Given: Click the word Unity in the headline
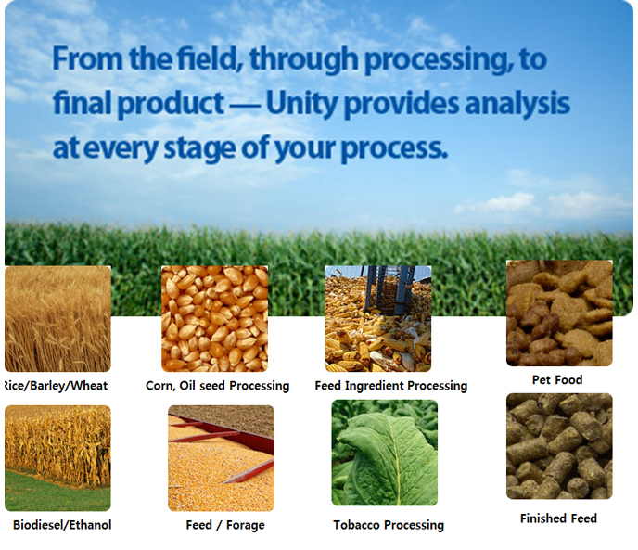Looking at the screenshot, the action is pos(301,104).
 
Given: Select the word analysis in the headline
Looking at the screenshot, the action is pos(517,103).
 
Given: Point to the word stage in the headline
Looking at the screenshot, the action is pos(199,148).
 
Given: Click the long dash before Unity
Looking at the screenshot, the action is pos(245,108).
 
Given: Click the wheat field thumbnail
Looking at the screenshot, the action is pos(57,319).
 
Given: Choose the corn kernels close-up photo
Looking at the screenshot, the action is pos(215,319).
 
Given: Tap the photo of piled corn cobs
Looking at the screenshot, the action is pos(378,319).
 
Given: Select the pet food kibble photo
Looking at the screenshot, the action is pos(559,313).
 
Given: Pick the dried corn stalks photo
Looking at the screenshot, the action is pos(57,458).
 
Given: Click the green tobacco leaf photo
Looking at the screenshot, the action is pos(385,453).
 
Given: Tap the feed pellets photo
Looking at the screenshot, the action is pos(559,446).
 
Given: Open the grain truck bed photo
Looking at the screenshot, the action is pos(222,458).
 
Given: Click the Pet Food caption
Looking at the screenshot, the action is pos(557,380).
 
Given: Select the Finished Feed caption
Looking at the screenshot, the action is pos(558,518).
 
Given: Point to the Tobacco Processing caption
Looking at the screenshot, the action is pos(389,525).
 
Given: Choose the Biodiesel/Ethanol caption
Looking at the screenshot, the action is pos(62,525).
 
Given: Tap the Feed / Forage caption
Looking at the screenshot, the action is pos(225,525).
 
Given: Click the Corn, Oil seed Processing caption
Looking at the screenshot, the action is pos(218,386).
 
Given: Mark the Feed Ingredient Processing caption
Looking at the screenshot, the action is pos(391,386).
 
